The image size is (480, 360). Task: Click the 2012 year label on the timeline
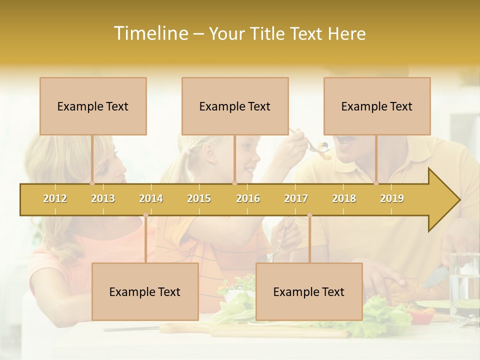point(55,198)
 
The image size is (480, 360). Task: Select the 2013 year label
point(103,198)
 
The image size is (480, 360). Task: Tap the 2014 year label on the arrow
point(151,198)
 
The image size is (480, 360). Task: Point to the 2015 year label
point(199,198)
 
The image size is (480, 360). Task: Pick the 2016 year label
point(248,198)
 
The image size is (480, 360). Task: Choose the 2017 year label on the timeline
point(296,198)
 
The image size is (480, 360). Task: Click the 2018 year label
point(344,198)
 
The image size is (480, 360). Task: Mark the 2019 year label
point(392,198)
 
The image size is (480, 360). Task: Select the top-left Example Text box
point(93,106)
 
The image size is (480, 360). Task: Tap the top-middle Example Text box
point(235,106)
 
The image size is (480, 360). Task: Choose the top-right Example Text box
point(377,106)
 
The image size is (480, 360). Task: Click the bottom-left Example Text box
point(145,291)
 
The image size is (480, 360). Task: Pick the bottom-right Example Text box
point(309,291)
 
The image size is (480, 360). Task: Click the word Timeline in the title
point(150,33)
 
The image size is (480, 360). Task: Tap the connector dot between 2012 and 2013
point(92,183)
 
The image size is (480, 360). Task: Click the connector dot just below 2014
point(145,215)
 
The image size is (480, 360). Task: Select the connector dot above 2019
point(376,183)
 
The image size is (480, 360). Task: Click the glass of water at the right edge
point(464,285)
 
